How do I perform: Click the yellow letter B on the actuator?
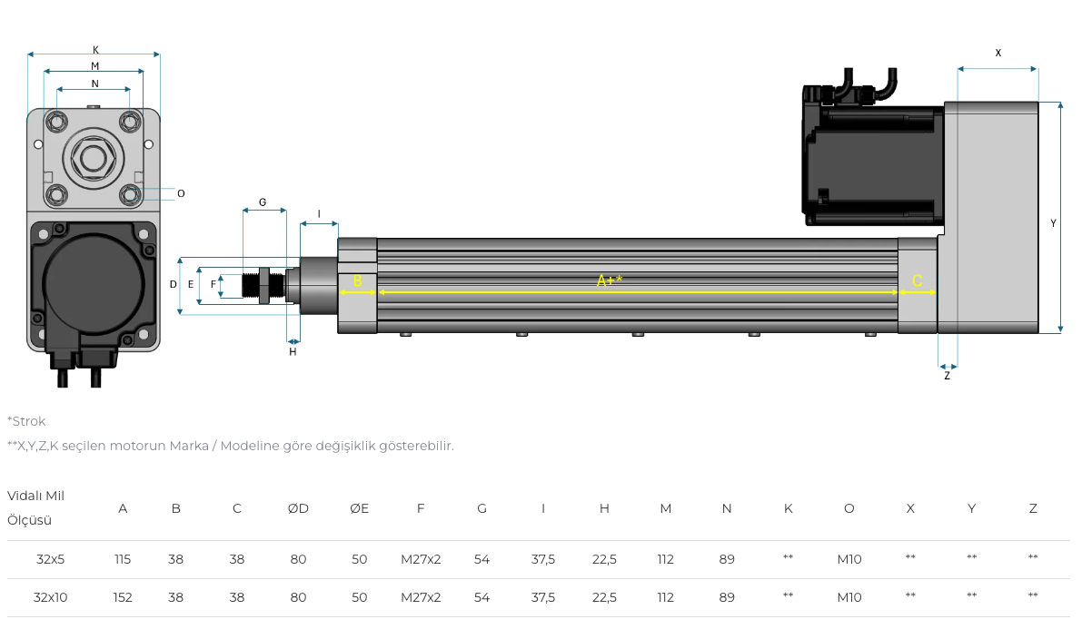point(357,280)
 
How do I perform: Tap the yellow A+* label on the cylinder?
point(610,280)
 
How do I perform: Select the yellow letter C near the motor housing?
point(917,280)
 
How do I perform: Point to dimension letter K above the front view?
point(96,50)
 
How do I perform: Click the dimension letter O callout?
point(181,193)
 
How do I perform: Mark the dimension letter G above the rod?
point(263,202)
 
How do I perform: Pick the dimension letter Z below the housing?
point(947,376)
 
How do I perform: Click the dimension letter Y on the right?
point(1053,223)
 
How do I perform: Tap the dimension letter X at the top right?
point(998,53)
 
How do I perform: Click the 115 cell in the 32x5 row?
point(123,559)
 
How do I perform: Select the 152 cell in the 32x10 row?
point(123,597)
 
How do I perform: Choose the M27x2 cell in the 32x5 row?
point(421,559)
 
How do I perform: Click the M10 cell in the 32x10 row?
point(849,597)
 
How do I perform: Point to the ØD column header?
point(298,508)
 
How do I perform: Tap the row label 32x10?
point(50,597)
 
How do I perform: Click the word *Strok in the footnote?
point(26,421)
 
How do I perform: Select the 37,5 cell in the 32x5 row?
point(543,559)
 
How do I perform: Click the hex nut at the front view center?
point(94,159)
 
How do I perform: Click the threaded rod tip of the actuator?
point(251,285)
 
